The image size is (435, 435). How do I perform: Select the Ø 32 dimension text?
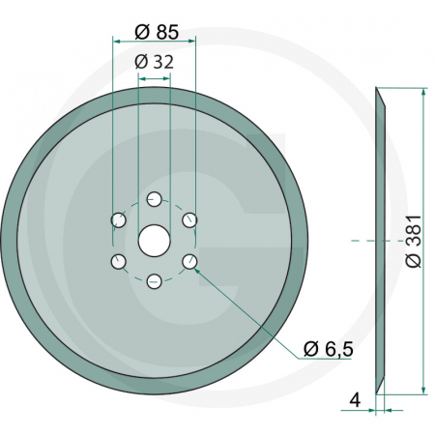[x=154, y=61]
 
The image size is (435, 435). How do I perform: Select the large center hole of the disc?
[x=154, y=240]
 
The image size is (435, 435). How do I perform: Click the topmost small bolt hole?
[x=154, y=199]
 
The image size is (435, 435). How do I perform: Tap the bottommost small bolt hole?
[x=154, y=281]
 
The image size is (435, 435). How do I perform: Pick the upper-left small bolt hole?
[x=118, y=220]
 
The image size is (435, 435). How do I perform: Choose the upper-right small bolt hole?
[x=189, y=220]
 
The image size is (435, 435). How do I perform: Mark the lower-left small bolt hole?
[x=118, y=261]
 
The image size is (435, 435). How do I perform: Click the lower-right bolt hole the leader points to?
[x=189, y=261]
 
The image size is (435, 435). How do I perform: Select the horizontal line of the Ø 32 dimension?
[x=154, y=73]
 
